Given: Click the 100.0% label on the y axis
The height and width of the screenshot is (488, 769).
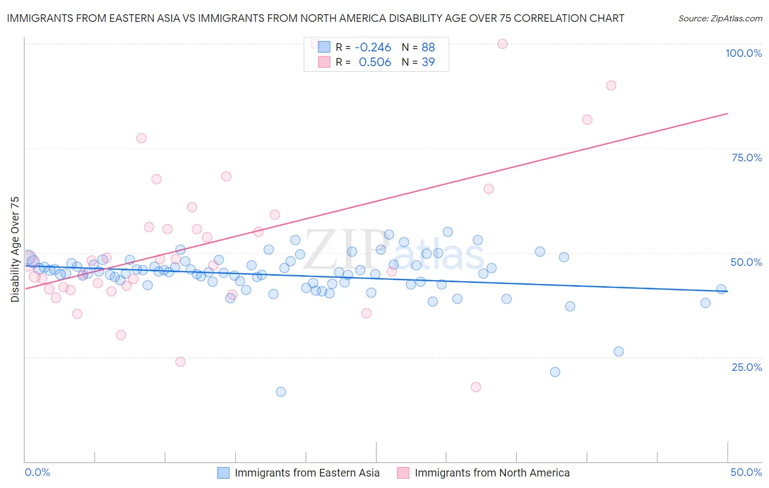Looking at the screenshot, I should coord(743,53).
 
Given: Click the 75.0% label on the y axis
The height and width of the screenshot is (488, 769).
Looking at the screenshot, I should coord(747,158).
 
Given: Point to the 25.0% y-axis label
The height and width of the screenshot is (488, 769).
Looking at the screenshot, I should coord(747,367).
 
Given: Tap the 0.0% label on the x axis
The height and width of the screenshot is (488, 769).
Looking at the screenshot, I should coord(37,472).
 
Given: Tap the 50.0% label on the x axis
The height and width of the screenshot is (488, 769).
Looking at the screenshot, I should coord(746,472).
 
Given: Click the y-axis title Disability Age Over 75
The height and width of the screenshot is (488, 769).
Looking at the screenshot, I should coord(15,249).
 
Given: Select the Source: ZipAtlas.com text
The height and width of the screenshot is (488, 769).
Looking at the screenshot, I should coord(720,19).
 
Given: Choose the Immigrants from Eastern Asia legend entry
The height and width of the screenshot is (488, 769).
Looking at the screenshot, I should coord(299,473).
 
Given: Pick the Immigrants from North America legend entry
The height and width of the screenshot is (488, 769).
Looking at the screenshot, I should coord(483,473).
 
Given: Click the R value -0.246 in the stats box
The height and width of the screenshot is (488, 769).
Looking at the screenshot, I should coord(373,47).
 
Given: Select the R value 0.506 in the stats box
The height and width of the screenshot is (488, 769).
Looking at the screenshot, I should coord(375,62).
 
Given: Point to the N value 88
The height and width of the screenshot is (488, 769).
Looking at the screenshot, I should coord(428,47).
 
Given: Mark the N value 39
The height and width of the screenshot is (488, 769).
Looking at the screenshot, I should coord(428,62).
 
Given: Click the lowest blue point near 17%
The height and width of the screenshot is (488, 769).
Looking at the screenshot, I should coord(281,392).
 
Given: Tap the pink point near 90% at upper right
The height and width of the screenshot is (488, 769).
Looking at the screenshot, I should coord(611,85).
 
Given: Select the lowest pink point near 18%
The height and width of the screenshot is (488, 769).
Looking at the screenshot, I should coord(476,387).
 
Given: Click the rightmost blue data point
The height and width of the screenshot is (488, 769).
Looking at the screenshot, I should coord(721,289).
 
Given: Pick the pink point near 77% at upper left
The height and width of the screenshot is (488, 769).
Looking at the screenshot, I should coord(142,138).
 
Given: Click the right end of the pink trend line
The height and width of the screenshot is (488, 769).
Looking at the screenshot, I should coord(728,113).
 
